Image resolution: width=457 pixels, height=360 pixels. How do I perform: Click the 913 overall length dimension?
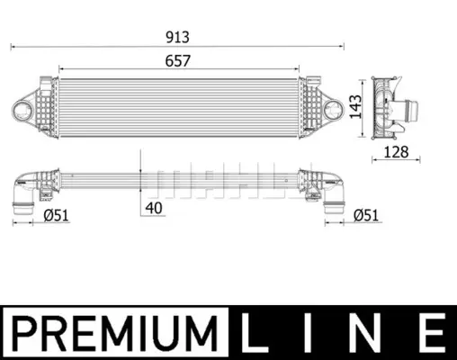177,37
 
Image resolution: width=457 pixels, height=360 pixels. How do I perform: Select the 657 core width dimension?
177,61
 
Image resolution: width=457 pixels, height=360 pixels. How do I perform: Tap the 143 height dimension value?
356,106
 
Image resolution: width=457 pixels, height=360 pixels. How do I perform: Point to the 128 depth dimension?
396,152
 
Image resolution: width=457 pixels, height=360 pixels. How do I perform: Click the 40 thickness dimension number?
154,208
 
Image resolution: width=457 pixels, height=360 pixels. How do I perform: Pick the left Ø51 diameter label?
56,215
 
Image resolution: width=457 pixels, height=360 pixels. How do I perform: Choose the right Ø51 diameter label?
366,215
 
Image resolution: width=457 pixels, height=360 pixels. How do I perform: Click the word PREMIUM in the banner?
115,333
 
